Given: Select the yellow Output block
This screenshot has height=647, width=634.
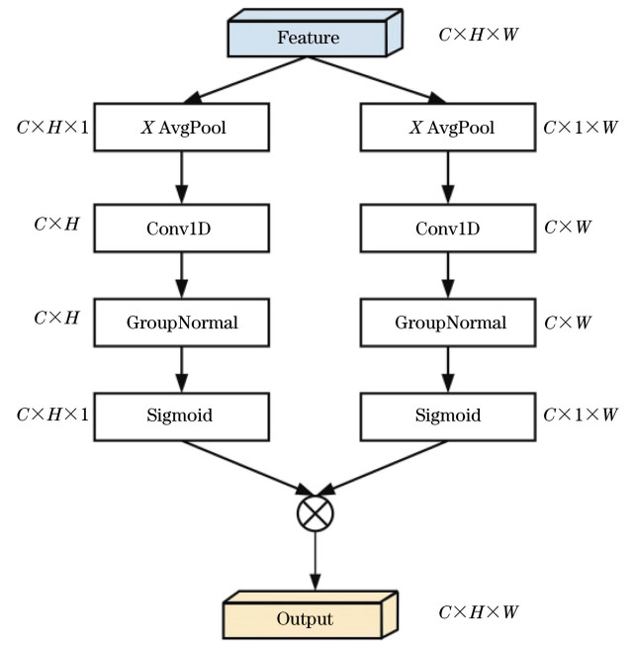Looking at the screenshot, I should tap(305, 619).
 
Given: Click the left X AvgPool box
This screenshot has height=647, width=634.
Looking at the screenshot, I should tap(184, 128).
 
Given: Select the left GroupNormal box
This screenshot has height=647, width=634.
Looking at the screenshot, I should tap(184, 323).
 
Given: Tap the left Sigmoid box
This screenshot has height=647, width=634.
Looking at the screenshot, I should tap(184, 416).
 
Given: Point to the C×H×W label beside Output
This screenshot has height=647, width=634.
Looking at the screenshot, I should tap(479, 613).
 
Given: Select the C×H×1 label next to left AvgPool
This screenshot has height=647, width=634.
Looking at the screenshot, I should tap(52, 128).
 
